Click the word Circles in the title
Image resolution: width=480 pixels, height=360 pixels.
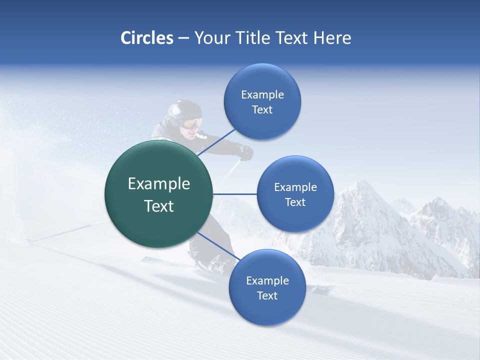146,38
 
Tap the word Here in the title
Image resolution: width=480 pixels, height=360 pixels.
332,38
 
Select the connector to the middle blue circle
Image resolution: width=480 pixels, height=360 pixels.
235,194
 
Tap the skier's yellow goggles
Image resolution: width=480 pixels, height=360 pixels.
191,123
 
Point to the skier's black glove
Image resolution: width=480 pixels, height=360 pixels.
245,152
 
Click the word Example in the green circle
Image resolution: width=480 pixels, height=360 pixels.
159,184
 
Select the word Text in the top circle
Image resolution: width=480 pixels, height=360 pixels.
262,110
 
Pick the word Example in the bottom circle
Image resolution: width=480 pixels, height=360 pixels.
267,280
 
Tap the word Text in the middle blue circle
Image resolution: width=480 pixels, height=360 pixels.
295,202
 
